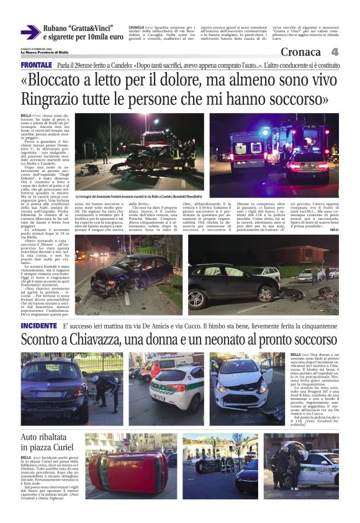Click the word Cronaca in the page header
[304, 52]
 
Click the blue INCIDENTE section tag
[38, 325]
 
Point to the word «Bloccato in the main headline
[60, 83]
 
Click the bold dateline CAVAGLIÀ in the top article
[138, 28]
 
